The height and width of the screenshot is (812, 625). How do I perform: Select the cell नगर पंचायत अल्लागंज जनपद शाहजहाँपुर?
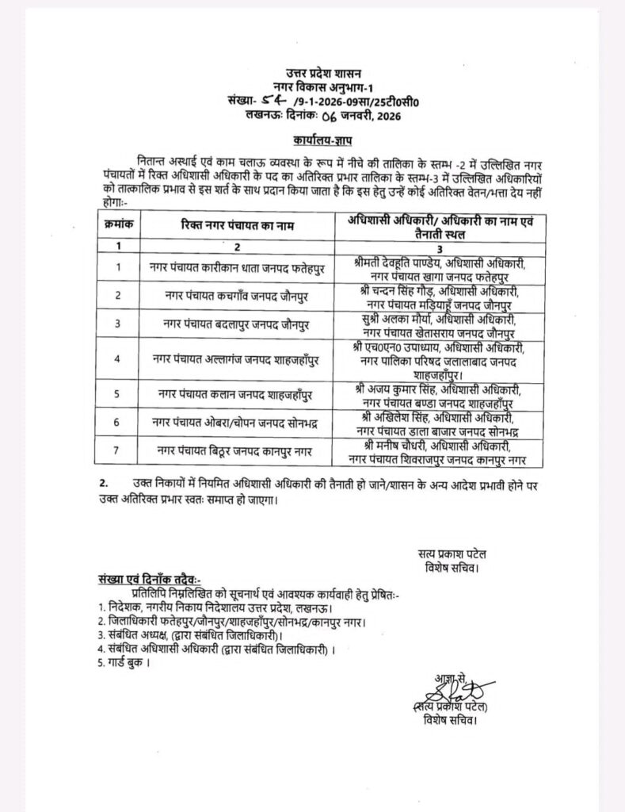[240, 359]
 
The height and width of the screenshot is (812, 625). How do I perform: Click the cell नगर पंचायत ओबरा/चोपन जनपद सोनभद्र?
[240, 423]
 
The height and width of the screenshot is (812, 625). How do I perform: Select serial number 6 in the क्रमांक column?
[117, 423]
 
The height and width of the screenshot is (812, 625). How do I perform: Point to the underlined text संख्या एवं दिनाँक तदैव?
[150, 580]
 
